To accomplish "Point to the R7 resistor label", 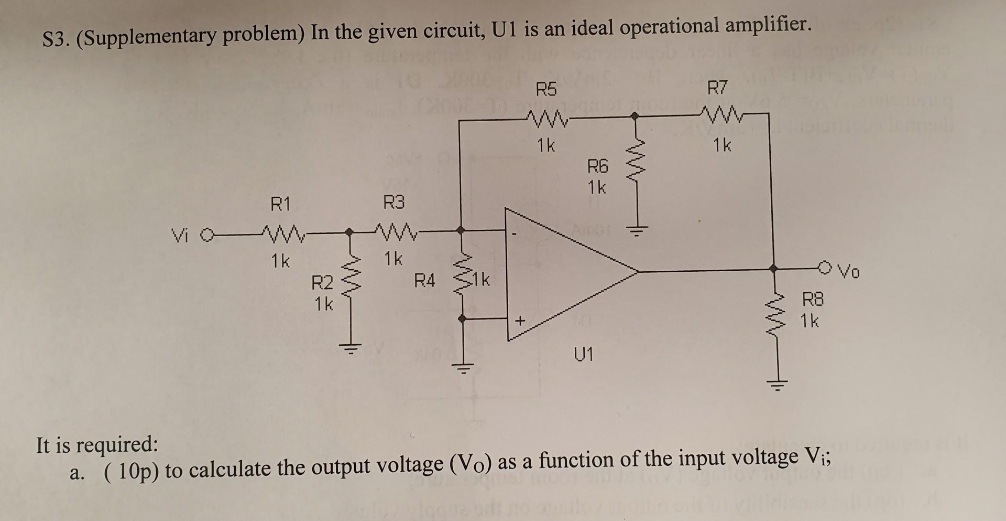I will coord(717,88).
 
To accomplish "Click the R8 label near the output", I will coord(813,300).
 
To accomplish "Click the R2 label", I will coord(322,284).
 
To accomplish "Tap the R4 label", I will coord(424,281).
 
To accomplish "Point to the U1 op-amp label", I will coord(584,355).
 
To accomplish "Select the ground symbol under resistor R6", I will coord(636,231).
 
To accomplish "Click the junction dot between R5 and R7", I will coord(635,118).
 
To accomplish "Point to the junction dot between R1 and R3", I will coord(349,231).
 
